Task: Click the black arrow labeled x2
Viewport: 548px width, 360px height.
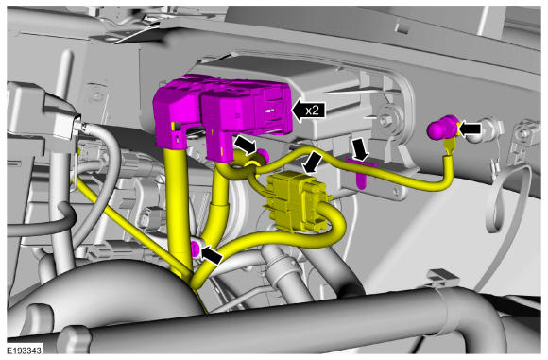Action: click(308, 111)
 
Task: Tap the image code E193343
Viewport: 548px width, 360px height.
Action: click(25, 350)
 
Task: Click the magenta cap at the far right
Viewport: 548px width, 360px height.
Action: click(442, 128)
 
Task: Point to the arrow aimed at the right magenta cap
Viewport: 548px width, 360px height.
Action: click(469, 129)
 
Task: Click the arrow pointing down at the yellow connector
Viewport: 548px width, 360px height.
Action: click(312, 163)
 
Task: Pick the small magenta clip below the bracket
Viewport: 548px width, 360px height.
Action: click(361, 177)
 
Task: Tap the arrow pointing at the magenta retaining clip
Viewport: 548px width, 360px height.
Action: click(360, 149)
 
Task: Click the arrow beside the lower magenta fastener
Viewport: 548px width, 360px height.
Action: click(213, 254)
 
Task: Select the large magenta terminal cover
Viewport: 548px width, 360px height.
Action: click(223, 115)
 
